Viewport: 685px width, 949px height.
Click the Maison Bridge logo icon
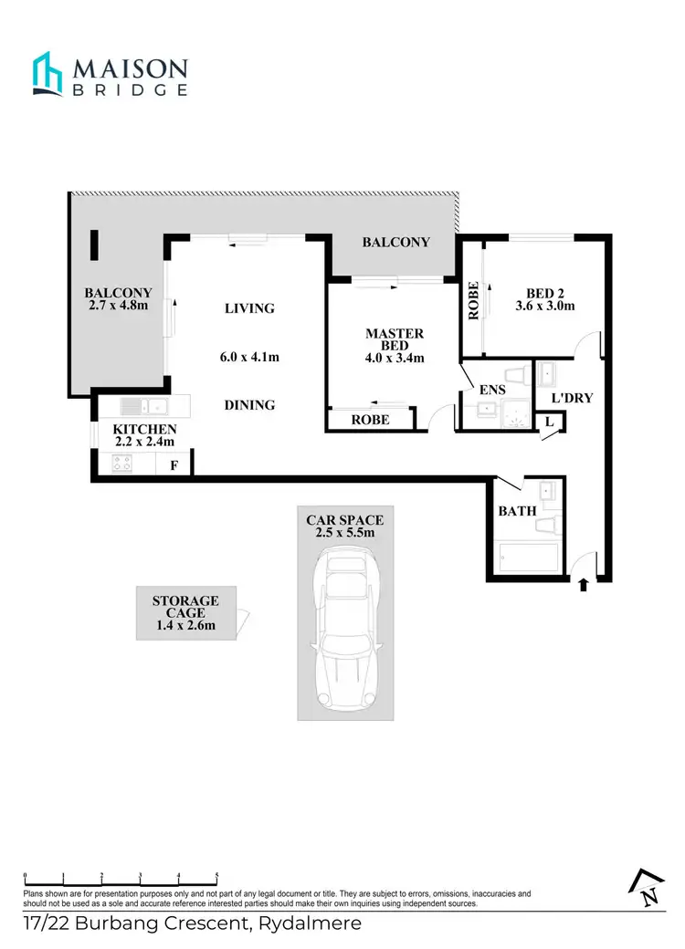tap(47, 74)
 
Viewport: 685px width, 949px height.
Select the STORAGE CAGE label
tap(185, 607)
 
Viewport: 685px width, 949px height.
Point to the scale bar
tap(121, 875)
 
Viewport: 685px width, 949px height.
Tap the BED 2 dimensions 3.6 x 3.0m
tap(544, 307)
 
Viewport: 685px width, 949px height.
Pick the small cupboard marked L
tap(550, 422)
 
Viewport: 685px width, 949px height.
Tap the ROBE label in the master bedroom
tap(370, 420)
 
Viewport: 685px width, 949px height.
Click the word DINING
tap(249, 404)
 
